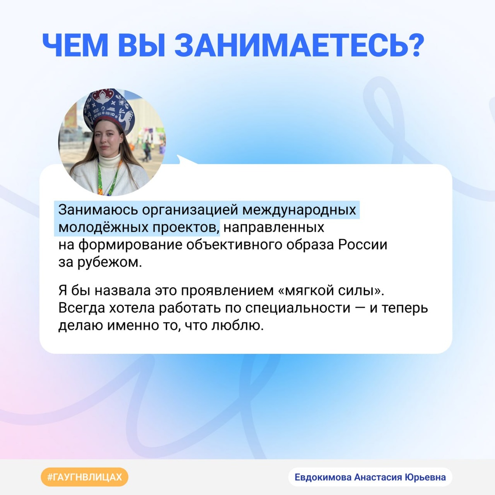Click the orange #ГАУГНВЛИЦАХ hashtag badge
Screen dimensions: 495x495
click(85, 477)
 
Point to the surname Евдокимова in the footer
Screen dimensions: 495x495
click(323, 477)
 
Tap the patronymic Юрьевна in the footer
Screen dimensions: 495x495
click(425, 477)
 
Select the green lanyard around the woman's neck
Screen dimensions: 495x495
click(113, 177)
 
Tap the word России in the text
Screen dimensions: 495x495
click(363, 245)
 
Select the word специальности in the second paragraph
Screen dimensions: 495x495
click(298, 308)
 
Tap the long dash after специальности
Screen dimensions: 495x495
click(360, 308)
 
